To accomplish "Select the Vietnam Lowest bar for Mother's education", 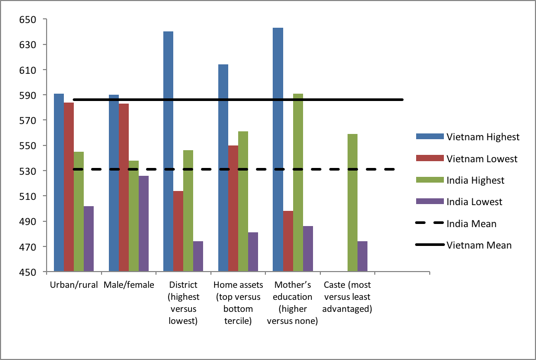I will pyautogui.click(x=288, y=241).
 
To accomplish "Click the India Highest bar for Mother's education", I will pyautogui.click(x=298, y=183).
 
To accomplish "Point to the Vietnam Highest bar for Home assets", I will pyautogui.click(x=223, y=168).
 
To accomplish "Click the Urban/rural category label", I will pyautogui.click(x=74, y=285).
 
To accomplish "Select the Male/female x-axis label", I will pyautogui.click(x=129, y=285).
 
